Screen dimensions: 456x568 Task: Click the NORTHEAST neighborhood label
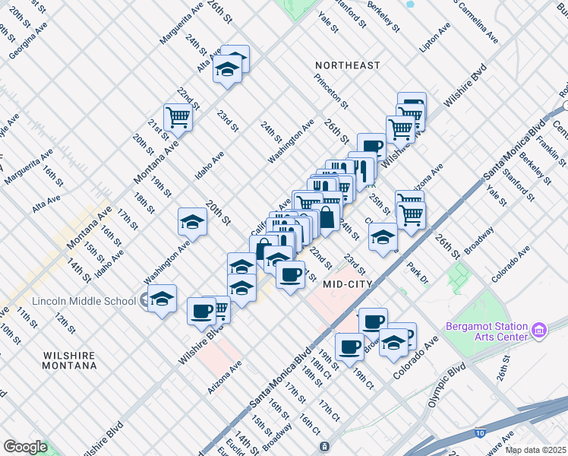point(348,65)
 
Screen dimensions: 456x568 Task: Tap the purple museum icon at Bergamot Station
point(539,331)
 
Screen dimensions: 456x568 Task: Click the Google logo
point(25,447)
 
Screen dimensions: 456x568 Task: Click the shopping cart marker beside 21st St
point(178,118)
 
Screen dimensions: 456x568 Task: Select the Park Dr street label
point(417,274)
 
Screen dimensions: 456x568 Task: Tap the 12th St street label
point(65,321)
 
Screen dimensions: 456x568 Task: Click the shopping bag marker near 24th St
point(326,217)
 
